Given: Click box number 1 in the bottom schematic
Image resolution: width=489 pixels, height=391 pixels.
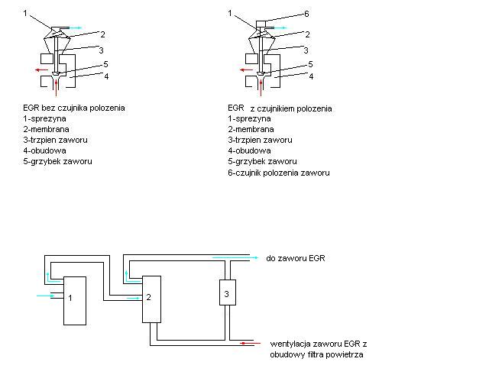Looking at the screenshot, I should tap(74, 300).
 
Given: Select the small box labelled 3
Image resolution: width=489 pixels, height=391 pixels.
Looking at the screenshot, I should tap(225, 291).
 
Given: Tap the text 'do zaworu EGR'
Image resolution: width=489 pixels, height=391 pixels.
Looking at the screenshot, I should tap(296, 259).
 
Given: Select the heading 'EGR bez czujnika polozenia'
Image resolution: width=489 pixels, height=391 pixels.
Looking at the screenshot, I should tap(74, 108).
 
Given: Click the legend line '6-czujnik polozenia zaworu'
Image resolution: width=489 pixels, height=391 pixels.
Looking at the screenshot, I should tap(279, 173).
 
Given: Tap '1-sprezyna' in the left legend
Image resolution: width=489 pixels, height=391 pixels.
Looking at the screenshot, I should tap(44, 118).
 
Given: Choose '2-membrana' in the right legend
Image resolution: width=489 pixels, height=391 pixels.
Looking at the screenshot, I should tap(250, 130).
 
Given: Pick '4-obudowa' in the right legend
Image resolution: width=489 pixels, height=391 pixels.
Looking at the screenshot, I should tap(248, 151).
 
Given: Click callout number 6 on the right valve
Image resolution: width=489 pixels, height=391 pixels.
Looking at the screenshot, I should tap(306, 14).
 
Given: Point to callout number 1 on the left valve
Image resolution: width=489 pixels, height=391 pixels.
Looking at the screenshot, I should tap(25, 14).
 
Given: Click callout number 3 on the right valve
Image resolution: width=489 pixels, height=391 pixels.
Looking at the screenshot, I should tap(306, 50).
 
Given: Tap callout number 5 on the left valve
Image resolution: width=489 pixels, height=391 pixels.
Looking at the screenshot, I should tap(105, 65).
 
